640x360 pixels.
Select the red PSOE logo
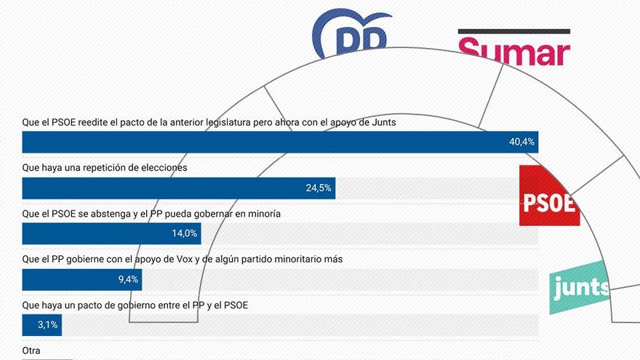pos(549,196)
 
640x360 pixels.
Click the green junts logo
pos(580,287)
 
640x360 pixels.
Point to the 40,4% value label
pos(521,143)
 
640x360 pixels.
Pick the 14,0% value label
pos(185,234)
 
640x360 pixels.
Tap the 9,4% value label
pos(127,280)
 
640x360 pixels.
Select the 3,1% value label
pos(47,325)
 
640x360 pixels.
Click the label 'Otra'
pos(31,351)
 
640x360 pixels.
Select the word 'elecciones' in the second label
pos(164,168)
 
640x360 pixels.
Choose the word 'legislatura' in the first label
pos(226,122)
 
